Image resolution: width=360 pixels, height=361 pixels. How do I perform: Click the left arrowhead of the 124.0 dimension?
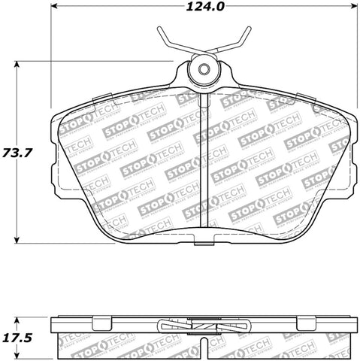pos(55,10)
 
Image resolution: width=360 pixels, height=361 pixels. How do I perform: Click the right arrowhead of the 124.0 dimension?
pos(355,10)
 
